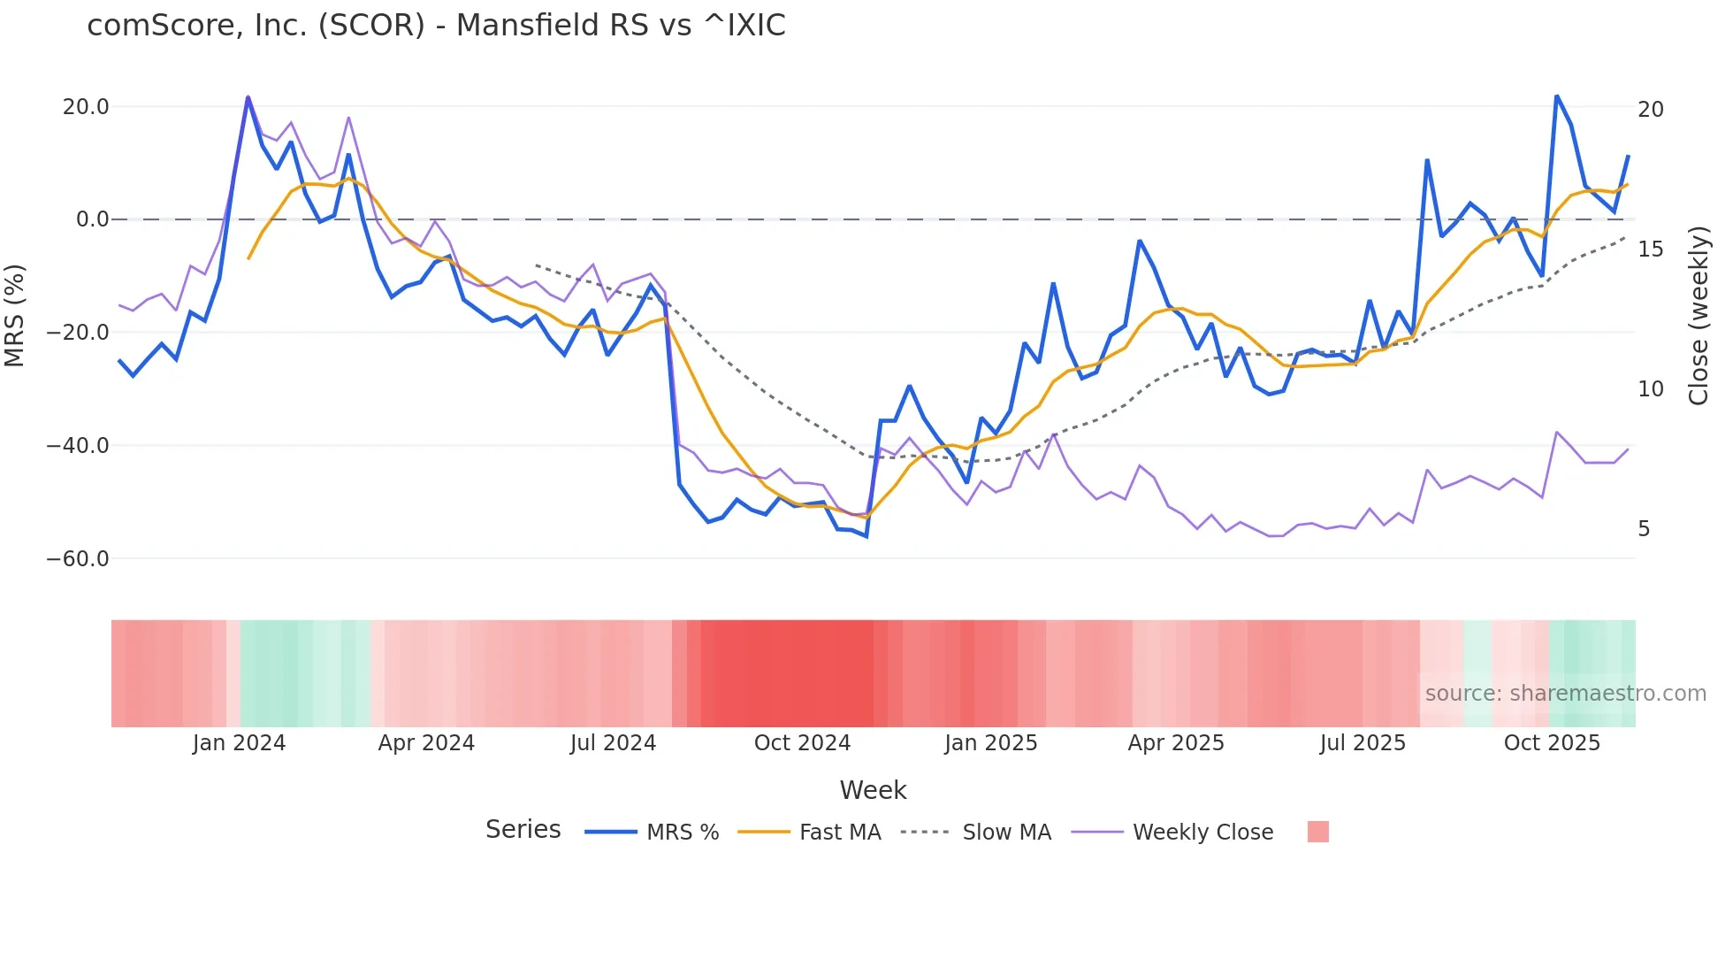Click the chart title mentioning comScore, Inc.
(x=436, y=26)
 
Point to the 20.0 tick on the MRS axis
(x=86, y=107)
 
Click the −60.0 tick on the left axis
(x=78, y=559)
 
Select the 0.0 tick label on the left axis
(x=93, y=219)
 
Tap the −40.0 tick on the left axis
(x=78, y=446)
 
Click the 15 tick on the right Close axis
(x=1650, y=250)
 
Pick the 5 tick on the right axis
(x=1644, y=529)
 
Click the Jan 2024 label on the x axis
(x=239, y=743)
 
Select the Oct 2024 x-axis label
(x=802, y=743)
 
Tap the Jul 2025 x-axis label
(x=1363, y=743)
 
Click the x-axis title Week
(x=873, y=790)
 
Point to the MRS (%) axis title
(x=15, y=315)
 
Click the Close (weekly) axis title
(x=1698, y=315)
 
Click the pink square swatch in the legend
(x=1317, y=832)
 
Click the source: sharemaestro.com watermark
(x=1565, y=694)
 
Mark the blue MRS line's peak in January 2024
(x=248, y=98)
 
